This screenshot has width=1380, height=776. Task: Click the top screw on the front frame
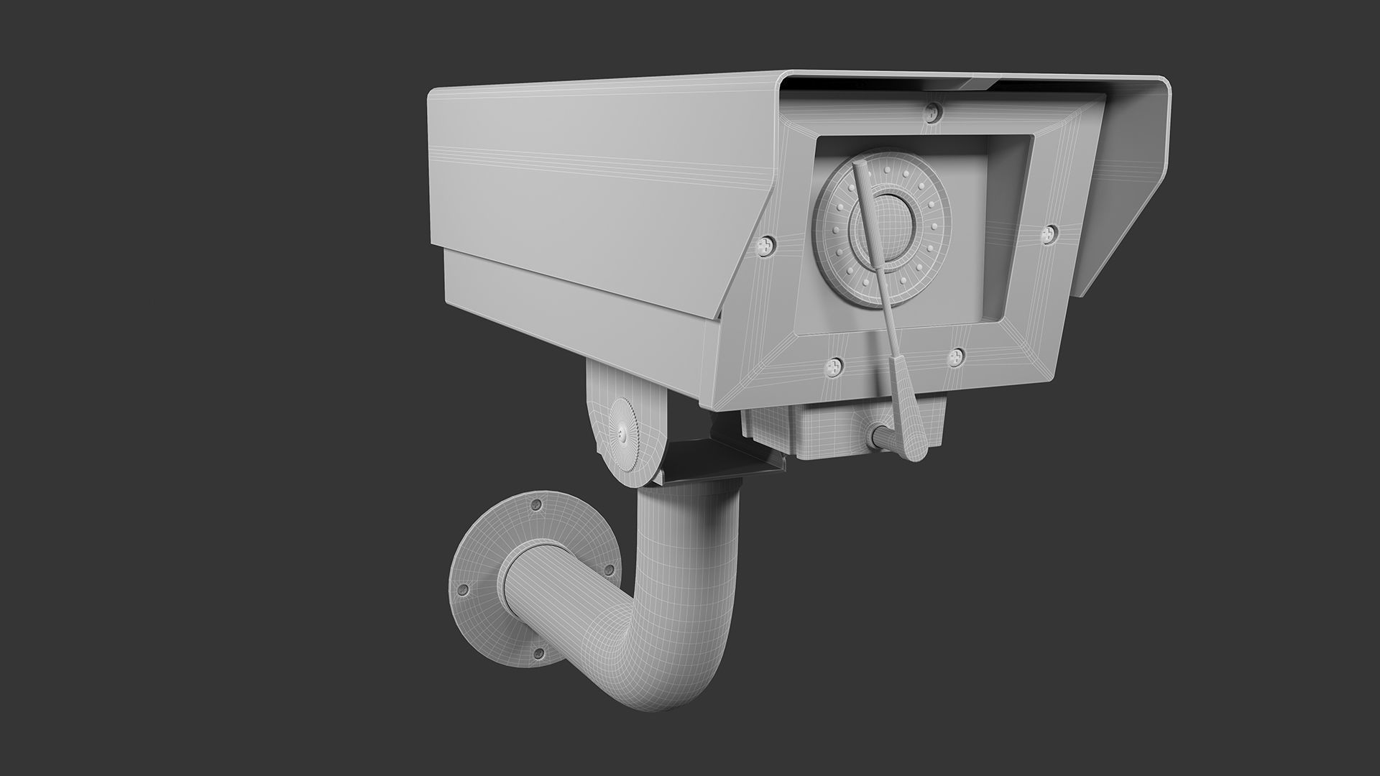933,111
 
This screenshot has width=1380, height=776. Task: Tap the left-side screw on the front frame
767,246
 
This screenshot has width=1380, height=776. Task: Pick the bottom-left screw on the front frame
834,366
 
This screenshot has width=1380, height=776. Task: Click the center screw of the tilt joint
621,434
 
